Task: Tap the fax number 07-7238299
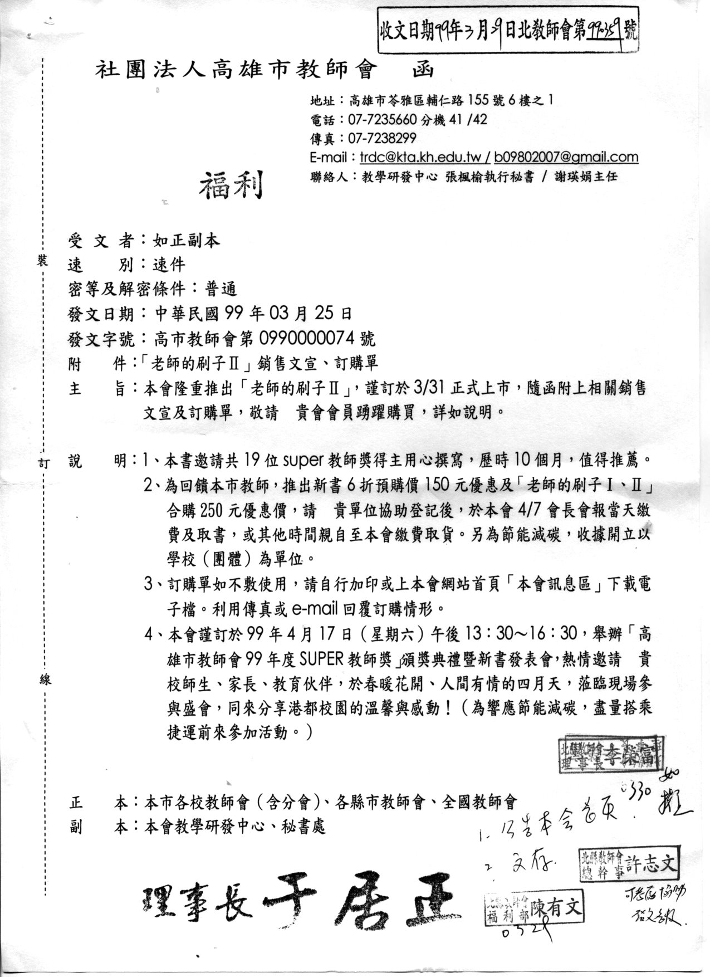[x=382, y=138]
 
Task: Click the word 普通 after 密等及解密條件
[x=221, y=289]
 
